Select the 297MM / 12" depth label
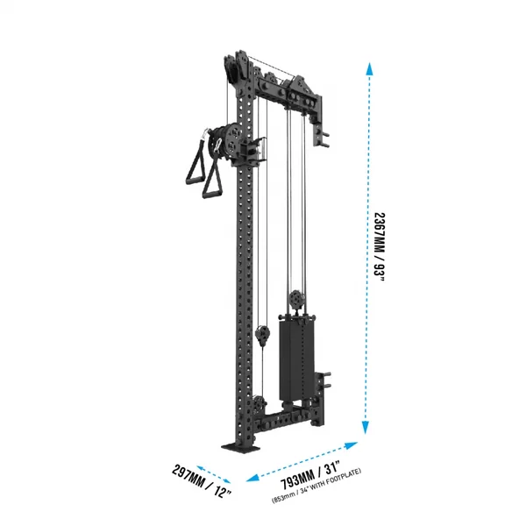tap(202, 480)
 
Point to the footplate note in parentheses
tap(316, 486)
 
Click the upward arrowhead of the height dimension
tap(369, 68)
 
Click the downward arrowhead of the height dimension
tap(366, 428)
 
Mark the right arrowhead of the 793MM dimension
tap(352, 445)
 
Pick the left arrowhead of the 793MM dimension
tap(252, 478)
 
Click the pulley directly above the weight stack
tap(297, 298)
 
